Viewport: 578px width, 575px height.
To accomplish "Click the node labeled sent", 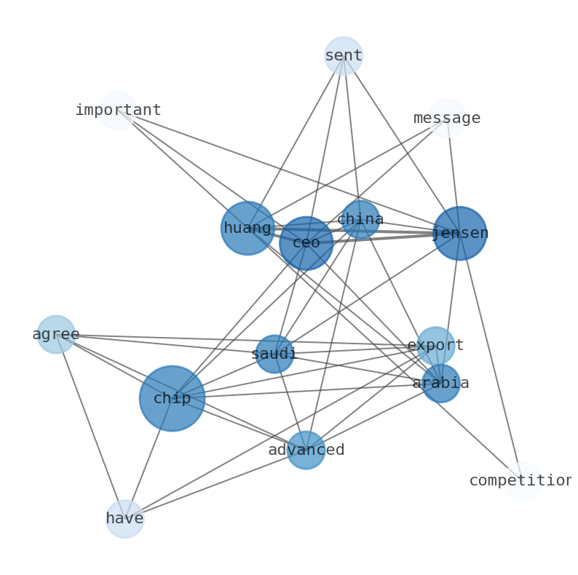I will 344,56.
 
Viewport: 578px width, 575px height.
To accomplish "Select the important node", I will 118,111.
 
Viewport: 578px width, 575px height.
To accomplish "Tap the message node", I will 447,119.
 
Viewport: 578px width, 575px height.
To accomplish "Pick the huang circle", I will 248,229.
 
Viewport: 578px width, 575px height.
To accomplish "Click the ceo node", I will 306,243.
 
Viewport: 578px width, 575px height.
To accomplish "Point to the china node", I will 360,219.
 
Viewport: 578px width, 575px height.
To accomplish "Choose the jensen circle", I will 460,234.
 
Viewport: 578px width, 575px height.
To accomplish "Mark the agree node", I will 56,335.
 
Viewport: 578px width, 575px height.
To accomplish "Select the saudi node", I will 274,354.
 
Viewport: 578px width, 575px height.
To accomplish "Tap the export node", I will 435,346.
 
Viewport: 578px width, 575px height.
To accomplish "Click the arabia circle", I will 441,384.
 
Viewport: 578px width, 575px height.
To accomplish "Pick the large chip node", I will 173,399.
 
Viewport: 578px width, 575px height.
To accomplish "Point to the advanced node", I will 306,451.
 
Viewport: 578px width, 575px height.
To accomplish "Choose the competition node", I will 521,481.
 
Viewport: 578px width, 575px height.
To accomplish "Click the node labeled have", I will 125,519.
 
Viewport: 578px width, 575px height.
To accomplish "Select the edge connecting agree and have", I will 90,426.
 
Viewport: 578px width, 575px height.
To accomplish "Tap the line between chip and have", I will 149,459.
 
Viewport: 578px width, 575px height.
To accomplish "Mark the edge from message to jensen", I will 454,175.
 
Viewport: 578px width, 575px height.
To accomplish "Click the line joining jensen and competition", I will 491,357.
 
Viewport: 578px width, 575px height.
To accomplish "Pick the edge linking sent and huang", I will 296,142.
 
